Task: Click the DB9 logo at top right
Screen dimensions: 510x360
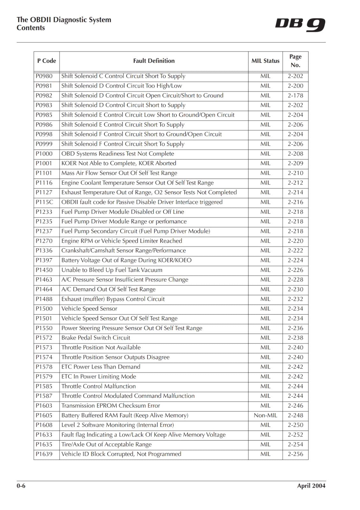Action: (300, 25)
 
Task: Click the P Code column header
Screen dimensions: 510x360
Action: (47, 61)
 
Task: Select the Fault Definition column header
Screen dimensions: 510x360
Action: (154, 61)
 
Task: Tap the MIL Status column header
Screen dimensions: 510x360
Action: (265, 61)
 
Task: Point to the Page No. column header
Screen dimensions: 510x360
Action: (295, 61)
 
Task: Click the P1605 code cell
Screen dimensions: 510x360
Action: (44, 415)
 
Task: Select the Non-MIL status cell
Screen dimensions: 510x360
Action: (265, 415)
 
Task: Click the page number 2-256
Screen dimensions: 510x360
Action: (295, 454)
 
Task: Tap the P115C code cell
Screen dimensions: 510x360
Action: (44, 202)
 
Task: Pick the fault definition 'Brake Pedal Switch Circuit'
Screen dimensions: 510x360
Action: (96, 338)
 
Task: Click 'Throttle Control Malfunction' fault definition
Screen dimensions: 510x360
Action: (98, 386)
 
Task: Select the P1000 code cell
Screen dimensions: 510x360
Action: (44, 154)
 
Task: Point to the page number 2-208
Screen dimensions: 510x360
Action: (295, 154)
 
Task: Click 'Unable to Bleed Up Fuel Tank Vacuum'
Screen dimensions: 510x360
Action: (112, 270)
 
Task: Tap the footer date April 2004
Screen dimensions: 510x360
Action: (311, 486)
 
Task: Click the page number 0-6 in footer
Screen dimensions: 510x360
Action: (21, 486)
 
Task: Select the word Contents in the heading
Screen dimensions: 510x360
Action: (31, 28)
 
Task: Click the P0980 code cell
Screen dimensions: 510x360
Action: (44, 76)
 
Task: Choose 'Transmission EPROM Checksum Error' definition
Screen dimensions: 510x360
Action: (111, 405)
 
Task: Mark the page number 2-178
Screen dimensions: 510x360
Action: (295, 95)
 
